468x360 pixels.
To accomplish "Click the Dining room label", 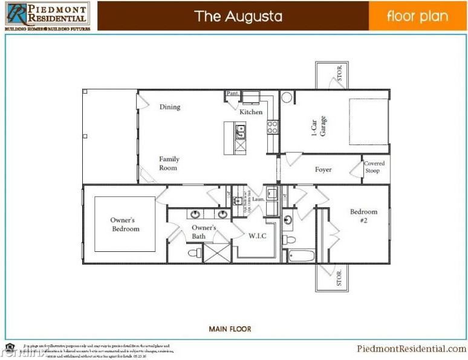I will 170,107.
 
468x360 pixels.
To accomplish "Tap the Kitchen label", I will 251,112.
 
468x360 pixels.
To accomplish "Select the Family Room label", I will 169,163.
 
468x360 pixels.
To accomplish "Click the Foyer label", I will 323,170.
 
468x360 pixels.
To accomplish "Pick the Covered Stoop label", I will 374,167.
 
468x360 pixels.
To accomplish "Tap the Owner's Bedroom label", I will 125,225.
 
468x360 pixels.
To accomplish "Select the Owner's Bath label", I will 204,232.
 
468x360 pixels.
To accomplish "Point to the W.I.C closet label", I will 256,236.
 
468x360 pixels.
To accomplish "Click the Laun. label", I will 258,199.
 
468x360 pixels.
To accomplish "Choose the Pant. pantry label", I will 232,94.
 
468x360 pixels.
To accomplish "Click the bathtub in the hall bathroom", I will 301,256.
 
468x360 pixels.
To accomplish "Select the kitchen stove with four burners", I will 273,127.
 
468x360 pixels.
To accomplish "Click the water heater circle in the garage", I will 287,97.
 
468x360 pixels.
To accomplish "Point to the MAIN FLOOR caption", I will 230,329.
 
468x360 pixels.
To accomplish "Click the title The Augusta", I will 238,16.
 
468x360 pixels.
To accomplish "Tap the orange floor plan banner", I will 417,16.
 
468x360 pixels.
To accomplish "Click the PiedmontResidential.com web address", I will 412,349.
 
